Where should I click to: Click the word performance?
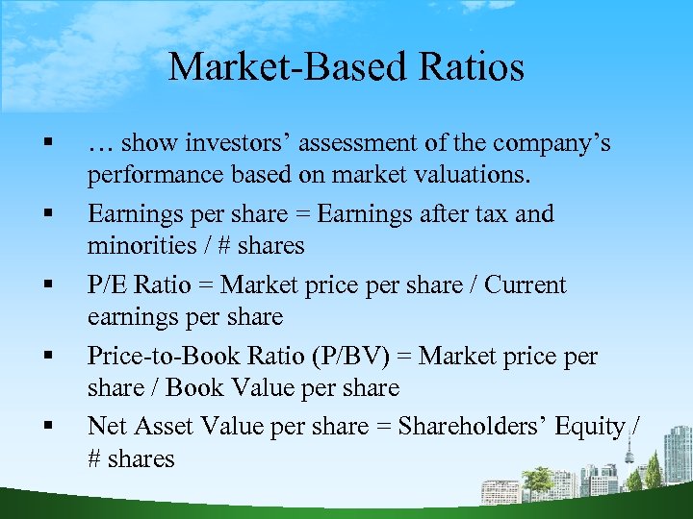(149, 177)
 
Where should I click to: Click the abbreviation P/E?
(107, 285)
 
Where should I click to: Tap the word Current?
(526, 285)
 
